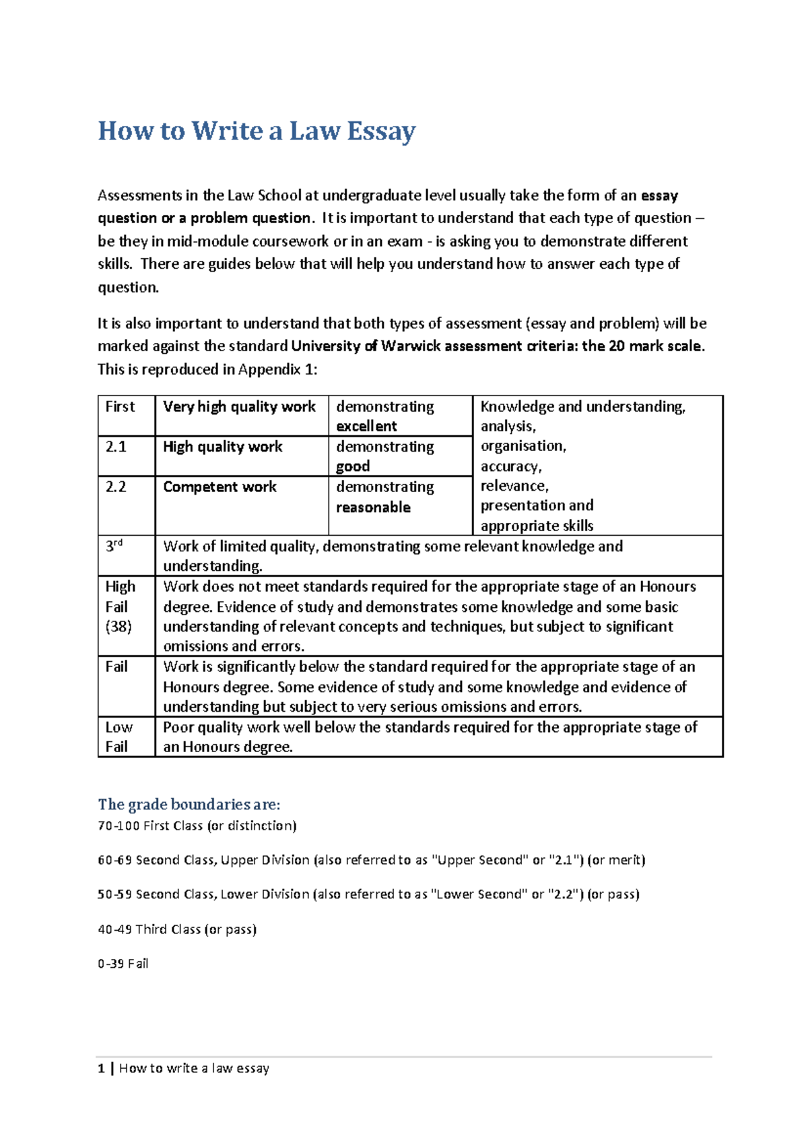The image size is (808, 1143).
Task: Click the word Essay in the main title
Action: [x=381, y=131]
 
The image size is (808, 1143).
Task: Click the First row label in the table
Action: [x=120, y=406]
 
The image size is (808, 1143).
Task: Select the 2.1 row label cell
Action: [x=116, y=447]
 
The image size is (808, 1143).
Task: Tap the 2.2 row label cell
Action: [x=116, y=487]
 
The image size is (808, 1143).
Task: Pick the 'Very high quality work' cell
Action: [x=239, y=406]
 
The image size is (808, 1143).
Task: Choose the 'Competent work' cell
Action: [x=220, y=487]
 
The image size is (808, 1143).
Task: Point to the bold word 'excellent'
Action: [x=366, y=426]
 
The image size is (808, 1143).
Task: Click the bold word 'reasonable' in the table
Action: [x=373, y=507]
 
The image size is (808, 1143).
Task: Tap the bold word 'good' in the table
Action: [x=353, y=466]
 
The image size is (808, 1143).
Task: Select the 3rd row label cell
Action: [x=114, y=547]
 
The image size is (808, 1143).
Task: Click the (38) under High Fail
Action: [x=119, y=626]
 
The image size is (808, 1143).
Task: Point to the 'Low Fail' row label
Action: [x=119, y=737]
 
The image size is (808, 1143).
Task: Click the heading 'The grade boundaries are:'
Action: [x=189, y=804]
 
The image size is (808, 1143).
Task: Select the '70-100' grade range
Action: [x=118, y=826]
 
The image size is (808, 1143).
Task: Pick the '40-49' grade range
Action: [x=114, y=929]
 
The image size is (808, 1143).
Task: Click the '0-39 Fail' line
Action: [x=123, y=964]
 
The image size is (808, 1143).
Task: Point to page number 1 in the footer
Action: [x=101, y=1068]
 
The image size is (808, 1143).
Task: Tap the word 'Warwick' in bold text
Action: [x=411, y=346]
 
